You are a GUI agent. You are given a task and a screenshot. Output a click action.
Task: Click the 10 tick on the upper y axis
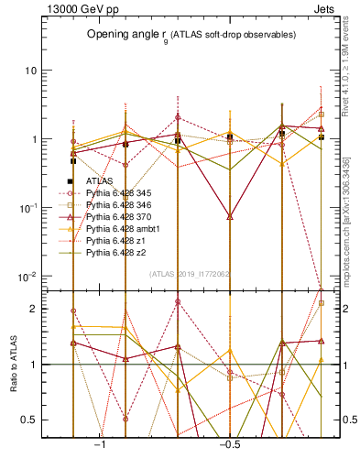point(30,71)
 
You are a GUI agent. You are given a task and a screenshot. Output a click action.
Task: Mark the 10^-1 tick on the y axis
point(27,208)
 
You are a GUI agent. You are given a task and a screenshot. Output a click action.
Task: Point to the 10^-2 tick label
point(27,277)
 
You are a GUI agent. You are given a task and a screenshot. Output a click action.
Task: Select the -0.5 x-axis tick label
point(228,443)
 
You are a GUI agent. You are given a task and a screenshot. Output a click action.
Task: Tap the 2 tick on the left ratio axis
point(33,309)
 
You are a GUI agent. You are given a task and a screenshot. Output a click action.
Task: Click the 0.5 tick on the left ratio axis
point(29,420)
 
